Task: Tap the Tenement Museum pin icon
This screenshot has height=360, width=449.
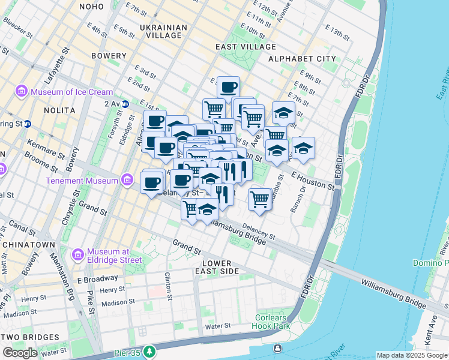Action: coord(127,180)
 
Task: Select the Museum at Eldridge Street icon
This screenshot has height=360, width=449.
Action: coord(77,256)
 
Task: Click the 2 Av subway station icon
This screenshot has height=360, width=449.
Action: coord(125,104)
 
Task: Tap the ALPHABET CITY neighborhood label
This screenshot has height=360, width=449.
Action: coord(302,59)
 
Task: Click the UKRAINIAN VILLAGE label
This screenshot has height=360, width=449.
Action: coord(163,31)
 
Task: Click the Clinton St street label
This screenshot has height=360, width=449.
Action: coord(169,286)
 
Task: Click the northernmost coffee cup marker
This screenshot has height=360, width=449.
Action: coord(228,88)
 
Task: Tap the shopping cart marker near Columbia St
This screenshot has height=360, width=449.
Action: coord(259,198)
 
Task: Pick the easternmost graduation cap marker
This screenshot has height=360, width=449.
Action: coord(303,148)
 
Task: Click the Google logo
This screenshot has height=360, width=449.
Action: coord(21,352)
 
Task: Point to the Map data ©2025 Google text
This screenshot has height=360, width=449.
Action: coord(411,355)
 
